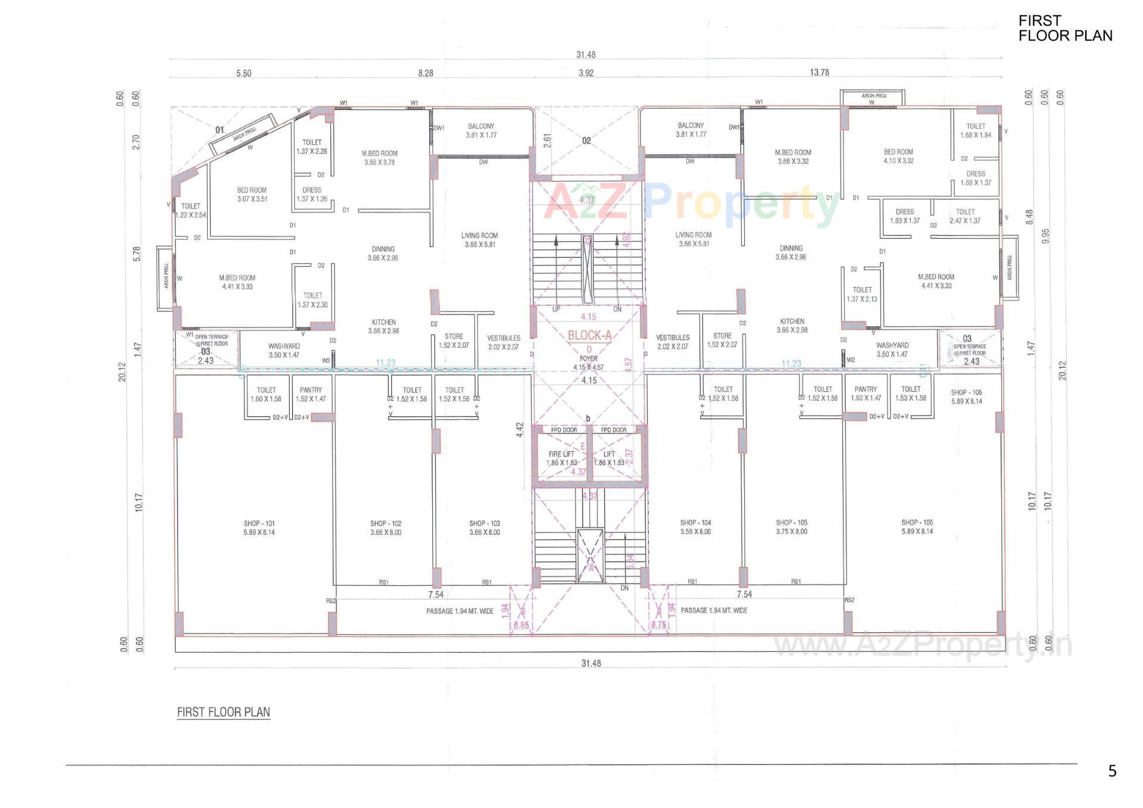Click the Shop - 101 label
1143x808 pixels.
click(x=259, y=528)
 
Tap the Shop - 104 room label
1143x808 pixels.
click(x=695, y=527)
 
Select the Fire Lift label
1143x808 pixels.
click(x=562, y=458)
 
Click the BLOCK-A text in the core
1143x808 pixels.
click(x=589, y=335)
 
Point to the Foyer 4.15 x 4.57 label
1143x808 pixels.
click(x=588, y=363)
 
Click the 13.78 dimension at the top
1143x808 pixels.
click(x=819, y=73)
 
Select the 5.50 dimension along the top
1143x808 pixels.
click(x=243, y=74)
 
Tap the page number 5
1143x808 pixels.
click(x=1112, y=771)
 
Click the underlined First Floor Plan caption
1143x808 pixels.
click(x=223, y=712)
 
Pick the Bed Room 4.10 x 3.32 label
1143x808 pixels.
click(x=898, y=156)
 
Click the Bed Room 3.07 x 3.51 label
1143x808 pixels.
click(x=252, y=195)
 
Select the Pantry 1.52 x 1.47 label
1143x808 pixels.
click(x=311, y=394)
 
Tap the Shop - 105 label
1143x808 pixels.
click(x=791, y=527)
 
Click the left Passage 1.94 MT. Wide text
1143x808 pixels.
click(x=460, y=611)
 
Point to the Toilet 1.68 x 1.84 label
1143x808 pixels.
click(x=975, y=130)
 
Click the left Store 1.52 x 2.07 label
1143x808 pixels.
click(x=454, y=341)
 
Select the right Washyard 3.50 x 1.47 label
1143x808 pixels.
click(x=892, y=350)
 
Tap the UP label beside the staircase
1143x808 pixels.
click(x=556, y=309)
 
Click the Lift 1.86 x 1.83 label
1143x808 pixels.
click(x=609, y=458)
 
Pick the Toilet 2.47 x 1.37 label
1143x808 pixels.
click(x=965, y=216)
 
